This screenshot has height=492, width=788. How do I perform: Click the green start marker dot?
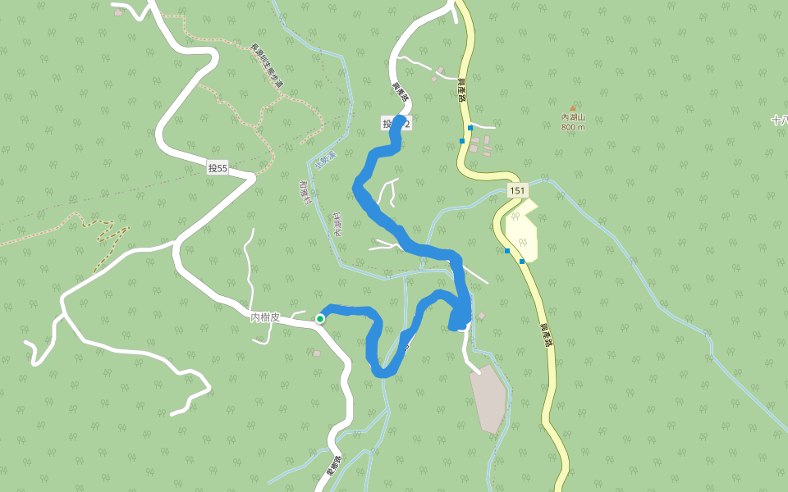click(320, 318)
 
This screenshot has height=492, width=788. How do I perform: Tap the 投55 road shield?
click(218, 168)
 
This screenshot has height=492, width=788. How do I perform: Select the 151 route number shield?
click(516, 190)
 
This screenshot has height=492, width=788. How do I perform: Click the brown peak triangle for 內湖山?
click(573, 108)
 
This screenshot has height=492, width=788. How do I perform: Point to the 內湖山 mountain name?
click(573, 118)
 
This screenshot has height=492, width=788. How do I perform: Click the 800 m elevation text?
click(573, 127)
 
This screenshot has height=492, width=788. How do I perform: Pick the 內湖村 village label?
click(337, 224)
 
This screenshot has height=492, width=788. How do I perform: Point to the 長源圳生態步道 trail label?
click(266, 66)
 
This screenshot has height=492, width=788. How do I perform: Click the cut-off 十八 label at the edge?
click(779, 120)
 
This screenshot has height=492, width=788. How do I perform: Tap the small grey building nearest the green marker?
click(317, 353)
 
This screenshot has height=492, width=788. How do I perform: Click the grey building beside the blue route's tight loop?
click(481, 316)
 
